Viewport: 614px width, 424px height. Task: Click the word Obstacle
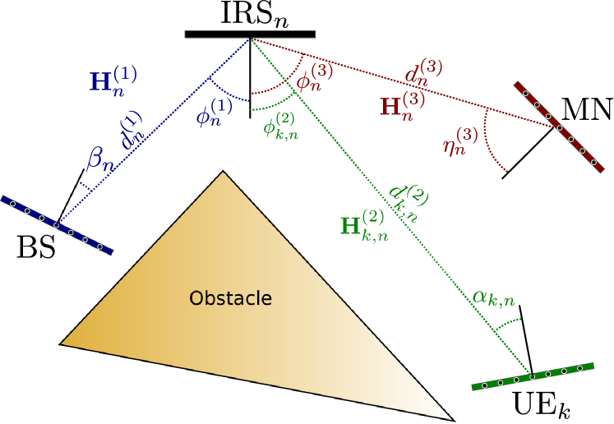click(230, 298)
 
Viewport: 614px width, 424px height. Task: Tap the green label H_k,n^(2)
click(363, 224)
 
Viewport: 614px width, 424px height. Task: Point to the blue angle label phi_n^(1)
click(213, 113)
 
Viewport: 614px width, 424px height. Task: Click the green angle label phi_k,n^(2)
click(279, 126)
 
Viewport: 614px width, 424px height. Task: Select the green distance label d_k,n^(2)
click(409, 201)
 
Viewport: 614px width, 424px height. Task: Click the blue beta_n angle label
click(98, 159)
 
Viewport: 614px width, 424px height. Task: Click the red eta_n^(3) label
click(460, 141)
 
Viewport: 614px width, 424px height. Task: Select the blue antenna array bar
click(56, 224)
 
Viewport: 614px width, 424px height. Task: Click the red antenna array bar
click(559, 127)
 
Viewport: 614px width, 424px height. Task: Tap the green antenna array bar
click(532, 376)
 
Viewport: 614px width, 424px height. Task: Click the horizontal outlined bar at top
click(250, 35)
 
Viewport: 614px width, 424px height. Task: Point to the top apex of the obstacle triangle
click(223, 171)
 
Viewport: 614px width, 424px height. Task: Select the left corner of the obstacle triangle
click(59, 344)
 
